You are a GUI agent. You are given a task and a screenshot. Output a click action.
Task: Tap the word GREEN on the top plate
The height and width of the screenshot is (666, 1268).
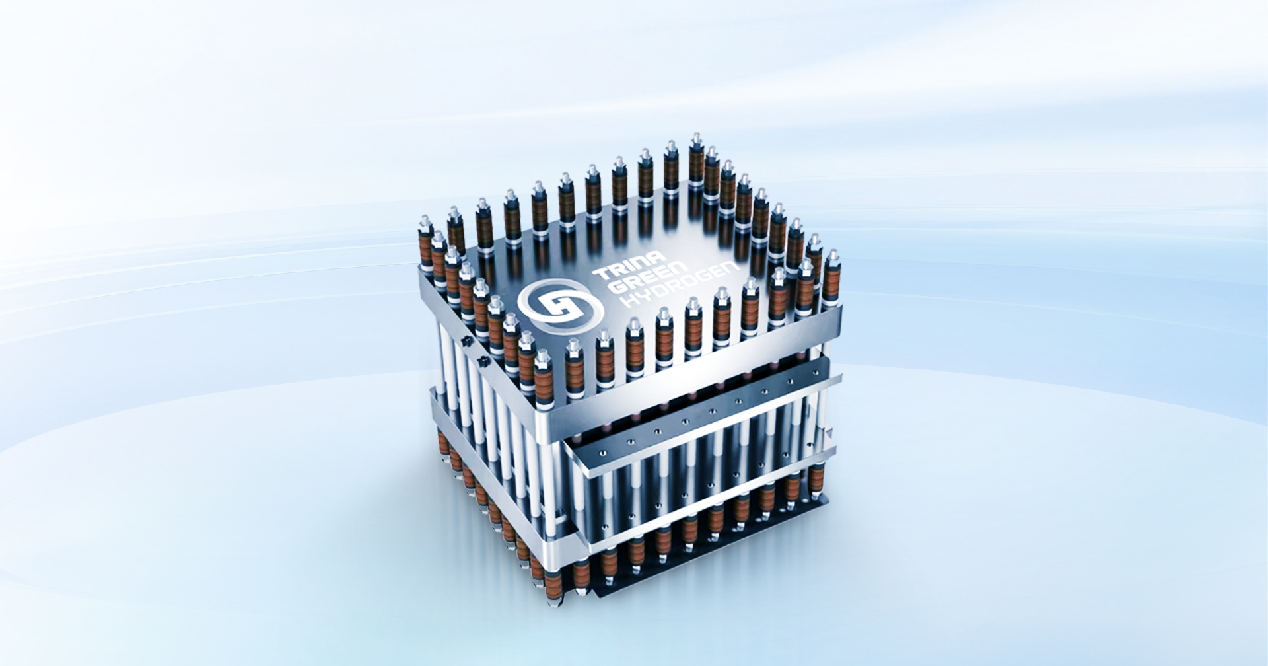[x=649, y=276]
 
